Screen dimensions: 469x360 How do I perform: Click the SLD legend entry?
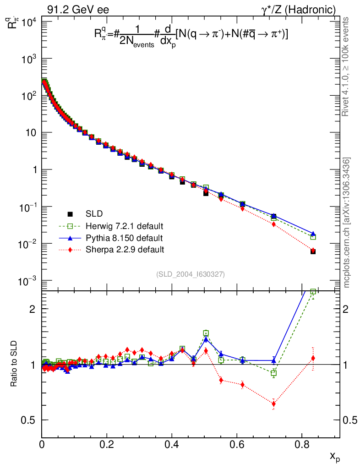[x=94, y=214]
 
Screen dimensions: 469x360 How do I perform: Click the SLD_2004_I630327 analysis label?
[x=190, y=274]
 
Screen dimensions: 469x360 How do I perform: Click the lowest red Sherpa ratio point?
[x=274, y=404]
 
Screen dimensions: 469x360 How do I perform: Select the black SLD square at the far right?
[x=313, y=251]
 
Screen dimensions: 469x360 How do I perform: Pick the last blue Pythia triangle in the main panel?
[x=313, y=234]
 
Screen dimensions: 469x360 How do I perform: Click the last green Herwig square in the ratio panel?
[x=313, y=292]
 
